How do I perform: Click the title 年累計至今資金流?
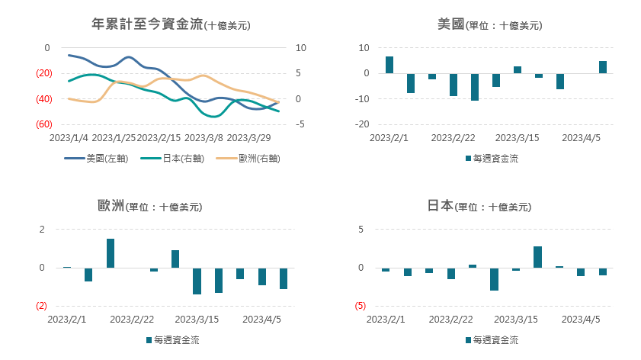[147, 24]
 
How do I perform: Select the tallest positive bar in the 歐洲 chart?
[111, 253]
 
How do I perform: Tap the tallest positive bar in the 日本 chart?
[537, 257]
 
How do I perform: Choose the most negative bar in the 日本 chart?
[494, 279]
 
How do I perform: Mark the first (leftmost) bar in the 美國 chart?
[389, 65]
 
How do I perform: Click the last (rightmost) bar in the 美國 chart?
[603, 67]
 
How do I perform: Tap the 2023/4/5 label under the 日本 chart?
[581, 320]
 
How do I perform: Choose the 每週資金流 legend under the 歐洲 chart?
[176, 340]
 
